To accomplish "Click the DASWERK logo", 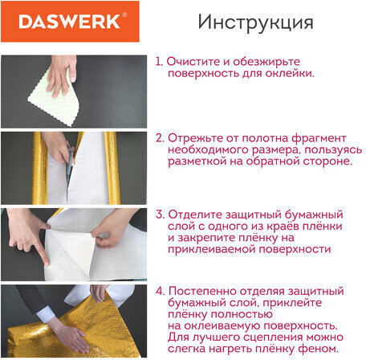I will tap(67, 21).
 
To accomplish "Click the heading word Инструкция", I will tap(255, 22).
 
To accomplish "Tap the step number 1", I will tap(159, 60).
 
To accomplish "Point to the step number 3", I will tap(160, 215).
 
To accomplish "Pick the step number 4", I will tap(160, 290).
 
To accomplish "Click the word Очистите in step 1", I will tap(195, 60).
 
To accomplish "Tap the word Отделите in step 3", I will tap(197, 215).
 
